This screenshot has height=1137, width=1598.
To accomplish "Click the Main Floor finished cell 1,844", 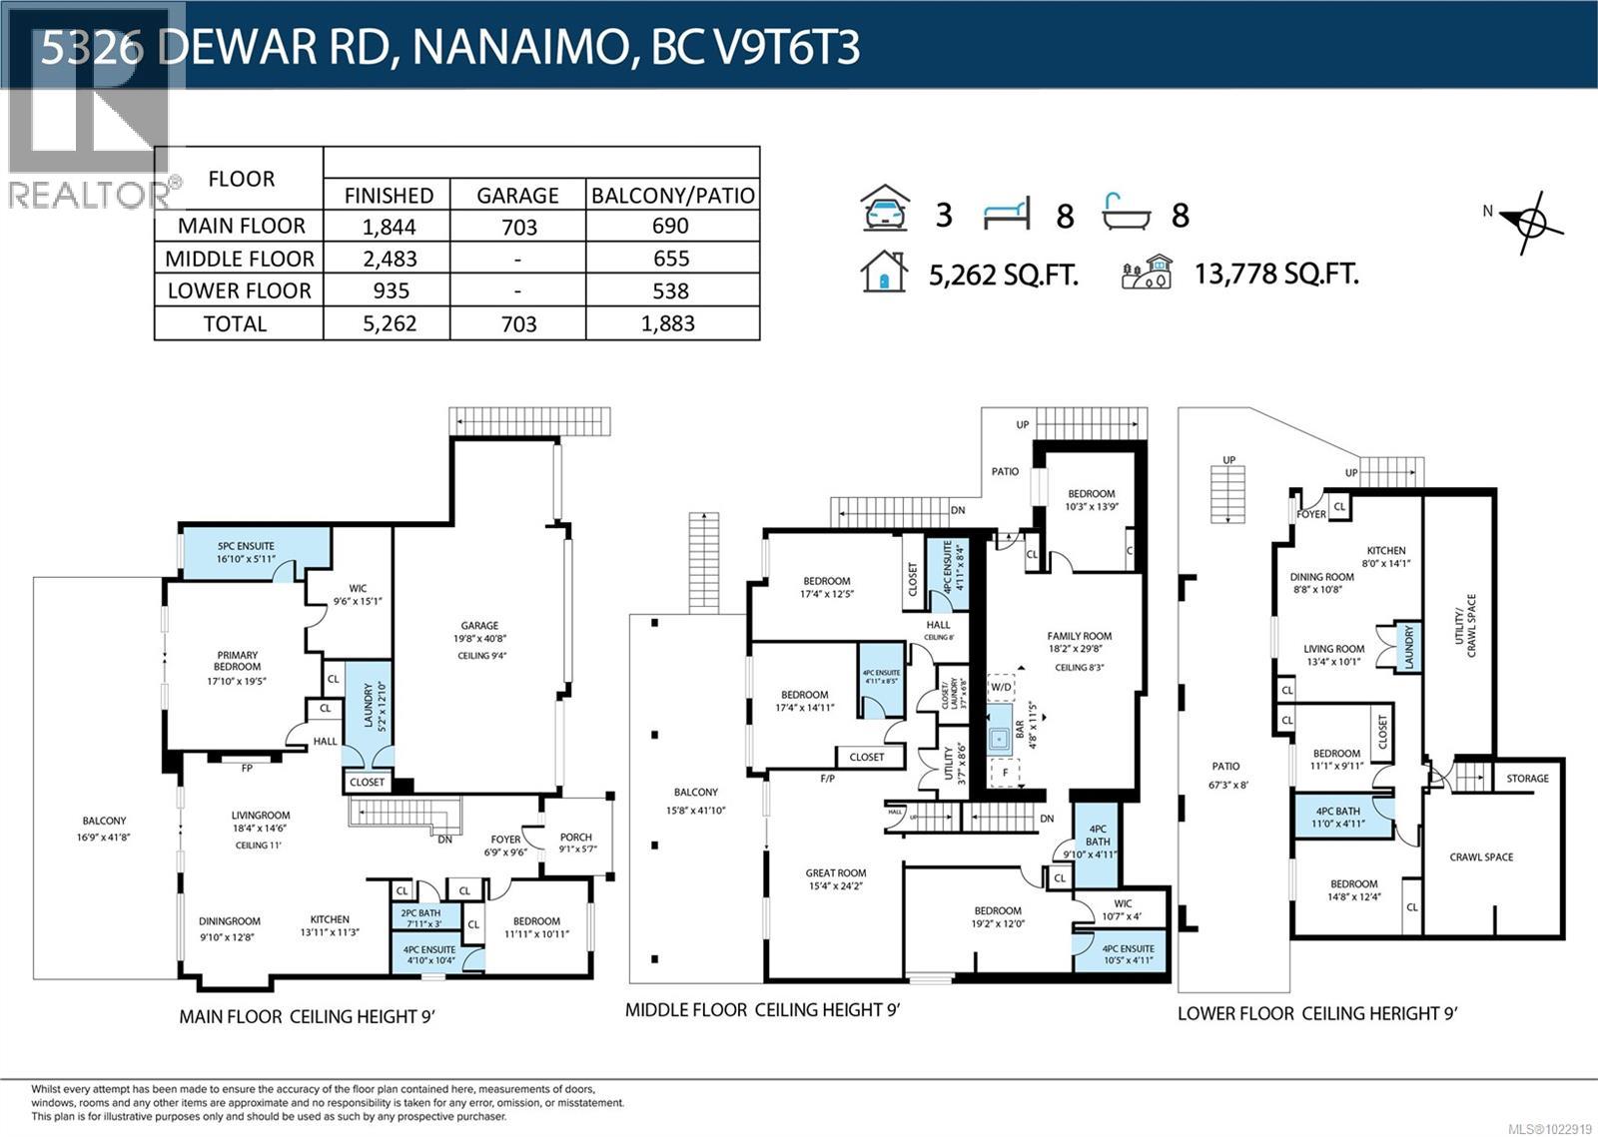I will (x=388, y=227).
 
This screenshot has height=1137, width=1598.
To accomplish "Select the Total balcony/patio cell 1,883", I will (x=670, y=323).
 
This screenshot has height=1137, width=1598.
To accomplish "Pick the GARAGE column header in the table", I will (x=517, y=195).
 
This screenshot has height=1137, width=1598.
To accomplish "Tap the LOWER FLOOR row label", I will (x=239, y=290).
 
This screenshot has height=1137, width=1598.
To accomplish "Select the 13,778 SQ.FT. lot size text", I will (x=1275, y=274).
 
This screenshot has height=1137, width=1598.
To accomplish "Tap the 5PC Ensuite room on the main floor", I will (x=246, y=552).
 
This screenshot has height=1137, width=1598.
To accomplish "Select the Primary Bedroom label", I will (x=237, y=661).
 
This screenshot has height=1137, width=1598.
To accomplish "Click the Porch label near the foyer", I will (x=575, y=838).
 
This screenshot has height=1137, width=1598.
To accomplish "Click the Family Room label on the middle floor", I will (x=1079, y=636).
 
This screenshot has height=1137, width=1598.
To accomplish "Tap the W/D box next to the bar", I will (x=1001, y=687).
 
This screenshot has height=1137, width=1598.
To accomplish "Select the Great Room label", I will (x=836, y=873).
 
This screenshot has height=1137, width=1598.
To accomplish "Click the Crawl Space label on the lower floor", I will (x=1481, y=857).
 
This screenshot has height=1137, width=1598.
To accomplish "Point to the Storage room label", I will (x=1527, y=779).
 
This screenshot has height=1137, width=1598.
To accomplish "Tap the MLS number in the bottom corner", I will (x=1550, y=1129).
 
